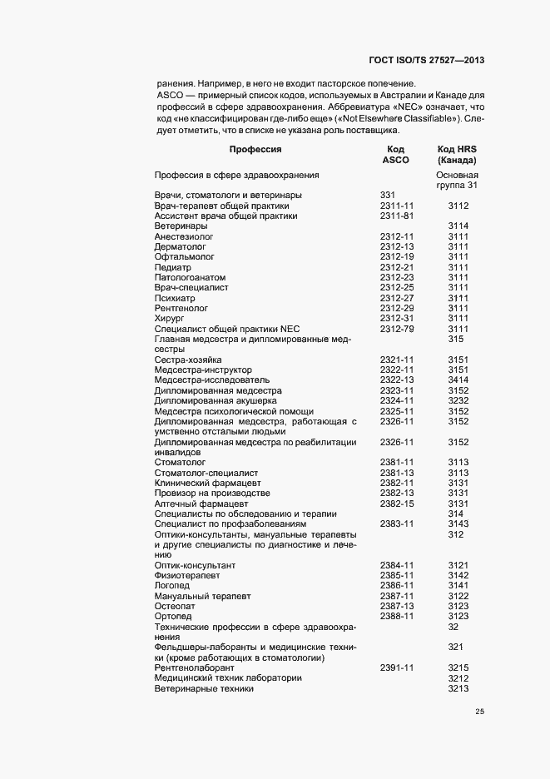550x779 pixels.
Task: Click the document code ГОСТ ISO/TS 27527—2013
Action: (x=425, y=61)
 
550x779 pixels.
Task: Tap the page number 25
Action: (x=479, y=712)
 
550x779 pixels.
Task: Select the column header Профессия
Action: (x=255, y=149)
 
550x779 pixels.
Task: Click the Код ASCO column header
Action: (x=395, y=154)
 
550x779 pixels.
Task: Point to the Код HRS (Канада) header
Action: (x=457, y=154)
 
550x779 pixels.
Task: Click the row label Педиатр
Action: (x=172, y=267)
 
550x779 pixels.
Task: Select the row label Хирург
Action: (x=169, y=319)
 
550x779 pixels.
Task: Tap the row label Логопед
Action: (x=172, y=586)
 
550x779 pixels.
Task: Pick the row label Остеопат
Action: (x=174, y=607)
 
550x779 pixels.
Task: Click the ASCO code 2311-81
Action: (x=397, y=216)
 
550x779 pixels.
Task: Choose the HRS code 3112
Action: (x=458, y=206)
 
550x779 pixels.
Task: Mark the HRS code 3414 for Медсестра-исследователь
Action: (x=458, y=380)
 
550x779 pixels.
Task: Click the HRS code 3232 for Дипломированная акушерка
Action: (x=458, y=401)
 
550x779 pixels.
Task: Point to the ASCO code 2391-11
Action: (x=397, y=668)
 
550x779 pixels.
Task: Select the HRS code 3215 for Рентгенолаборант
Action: (x=458, y=668)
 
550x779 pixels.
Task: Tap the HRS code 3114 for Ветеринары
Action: (x=458, y=226)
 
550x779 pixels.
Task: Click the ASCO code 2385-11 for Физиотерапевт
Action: (x=397, y=576)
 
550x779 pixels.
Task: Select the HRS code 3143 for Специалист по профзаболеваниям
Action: (x=458, y=524)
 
